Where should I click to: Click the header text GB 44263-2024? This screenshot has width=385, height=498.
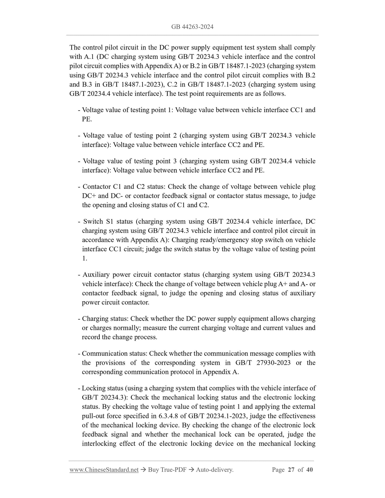192,27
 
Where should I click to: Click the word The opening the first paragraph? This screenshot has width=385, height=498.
75,47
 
